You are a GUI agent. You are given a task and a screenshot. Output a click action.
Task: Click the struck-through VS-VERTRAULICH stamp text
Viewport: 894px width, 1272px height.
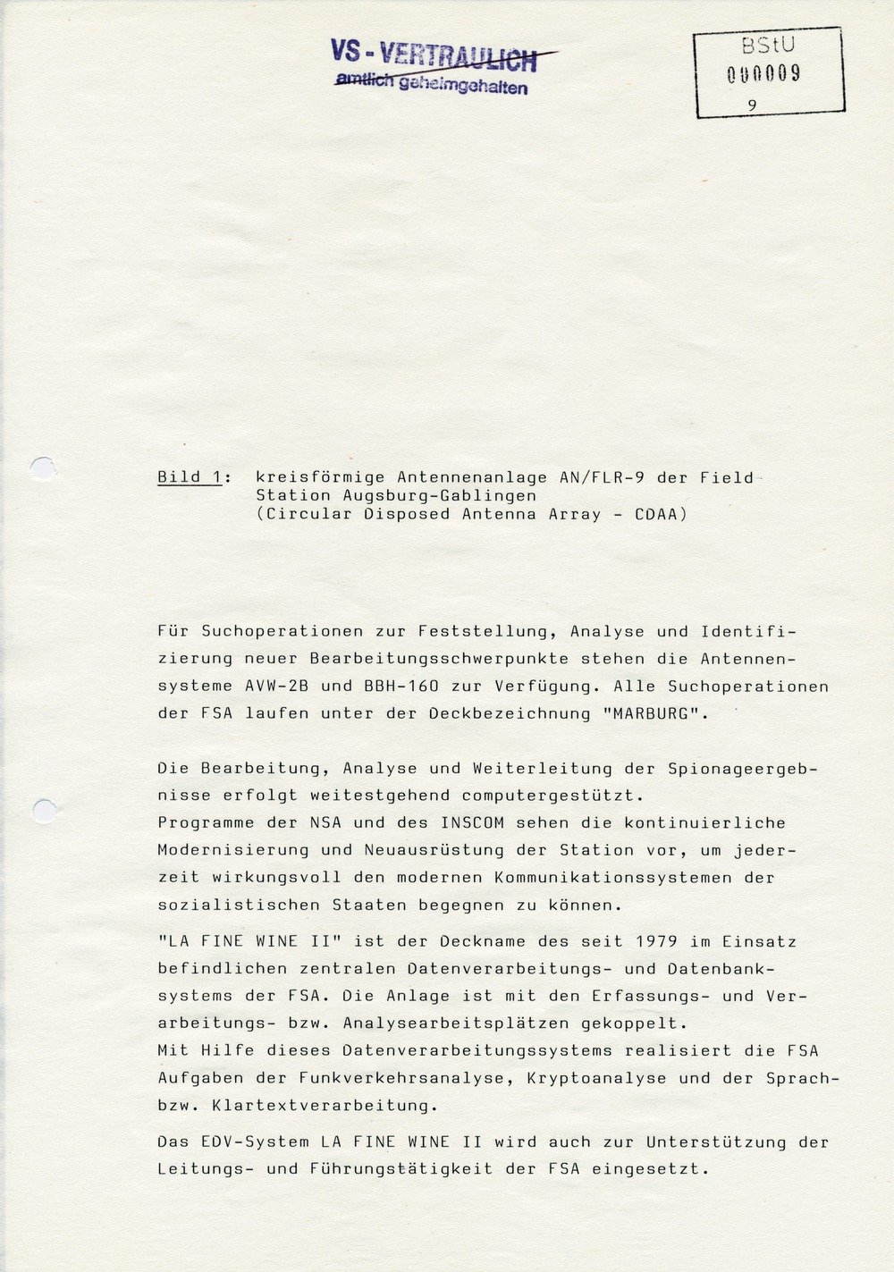tap(434, 55)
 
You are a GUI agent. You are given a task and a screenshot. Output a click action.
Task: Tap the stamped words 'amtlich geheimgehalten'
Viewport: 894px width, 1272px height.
tap(431, 84)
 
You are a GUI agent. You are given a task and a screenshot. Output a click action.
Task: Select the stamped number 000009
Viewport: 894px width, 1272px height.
tap(763, 74)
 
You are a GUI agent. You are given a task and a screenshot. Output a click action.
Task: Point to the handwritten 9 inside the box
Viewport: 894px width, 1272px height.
tap(753, 105)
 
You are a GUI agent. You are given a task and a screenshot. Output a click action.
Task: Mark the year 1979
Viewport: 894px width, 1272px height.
tap(656, 941)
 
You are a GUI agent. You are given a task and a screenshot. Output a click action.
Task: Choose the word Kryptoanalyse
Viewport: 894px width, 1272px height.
tap(596, 1078)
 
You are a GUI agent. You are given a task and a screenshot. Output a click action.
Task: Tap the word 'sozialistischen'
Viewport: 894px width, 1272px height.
tap(239, 905)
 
